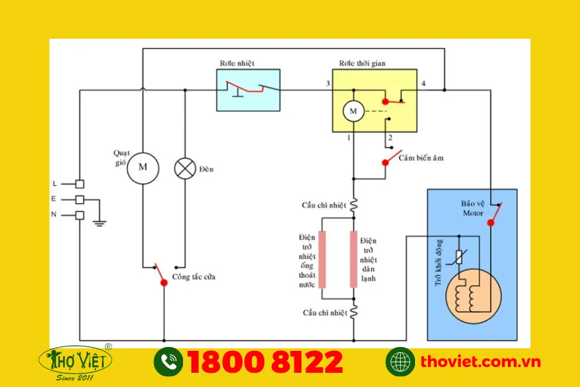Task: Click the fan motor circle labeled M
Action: point(143,168)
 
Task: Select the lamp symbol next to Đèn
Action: point(185,168)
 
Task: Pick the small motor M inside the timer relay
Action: point(353,111)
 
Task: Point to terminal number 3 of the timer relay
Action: point(327,84)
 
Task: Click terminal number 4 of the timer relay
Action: point(423,84)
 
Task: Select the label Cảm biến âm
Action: point(421,157)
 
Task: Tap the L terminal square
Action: point(80,184)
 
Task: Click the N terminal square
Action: point(80,215)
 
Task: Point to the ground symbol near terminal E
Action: point(99,223)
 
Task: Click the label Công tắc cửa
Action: point(193,277)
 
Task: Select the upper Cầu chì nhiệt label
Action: point(324,205)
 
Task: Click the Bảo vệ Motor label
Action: point(472,208)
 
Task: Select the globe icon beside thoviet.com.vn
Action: point(400,362)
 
